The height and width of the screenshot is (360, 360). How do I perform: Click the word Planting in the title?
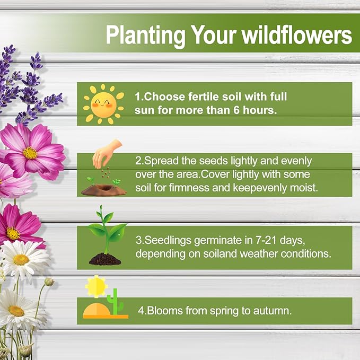click(140, 35)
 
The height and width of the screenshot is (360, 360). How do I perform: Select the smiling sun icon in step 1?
click(103, 103)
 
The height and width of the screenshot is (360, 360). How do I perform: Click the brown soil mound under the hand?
click(104, 188)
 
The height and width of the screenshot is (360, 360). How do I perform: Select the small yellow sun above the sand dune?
click(96, 286)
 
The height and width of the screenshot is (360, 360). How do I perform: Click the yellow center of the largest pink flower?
click(30, 153)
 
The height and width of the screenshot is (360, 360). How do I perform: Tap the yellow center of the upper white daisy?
click(21, 259)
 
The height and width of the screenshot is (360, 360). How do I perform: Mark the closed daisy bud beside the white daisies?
click(49, 282)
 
